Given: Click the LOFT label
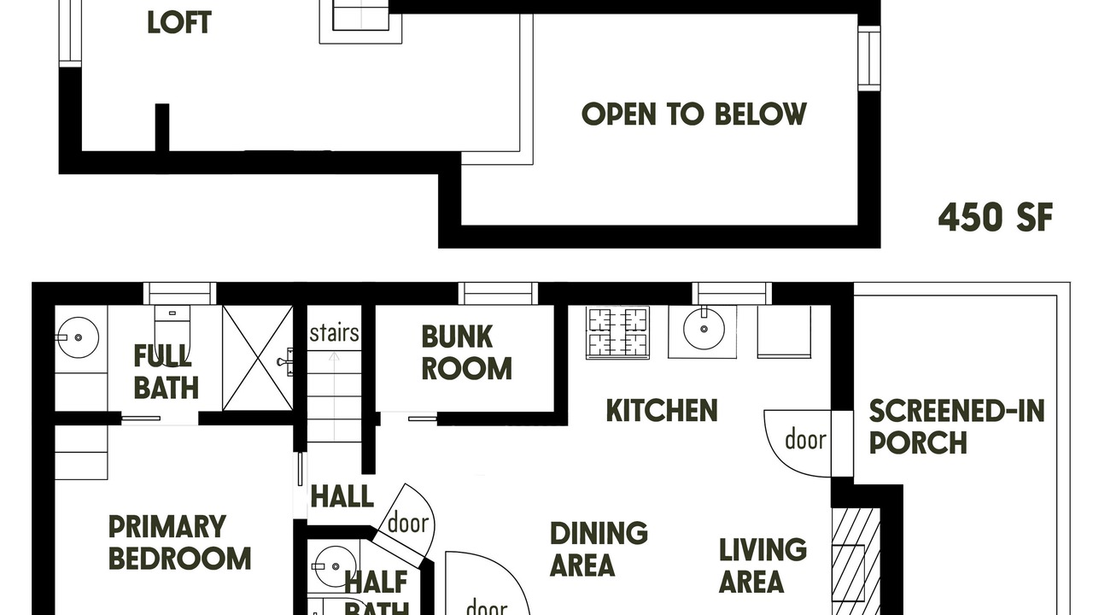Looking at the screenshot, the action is coord(179,22).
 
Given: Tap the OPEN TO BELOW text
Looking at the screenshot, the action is coord(694,114).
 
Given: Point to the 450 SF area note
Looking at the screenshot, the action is coord(996,217).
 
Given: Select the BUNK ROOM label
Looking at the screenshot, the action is coord(466,353).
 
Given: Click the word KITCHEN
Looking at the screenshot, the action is coord(662,411).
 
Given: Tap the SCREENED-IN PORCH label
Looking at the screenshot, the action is coord(956,426).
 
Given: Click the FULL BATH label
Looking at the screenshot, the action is coord(166,372).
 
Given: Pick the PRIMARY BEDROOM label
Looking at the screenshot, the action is coord(179,542).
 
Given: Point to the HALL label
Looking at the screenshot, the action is coord(342,497).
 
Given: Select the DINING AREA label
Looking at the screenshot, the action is coord(599,548).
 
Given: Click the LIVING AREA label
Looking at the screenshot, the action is coord(763,565).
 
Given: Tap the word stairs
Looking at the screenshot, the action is coord(334,333).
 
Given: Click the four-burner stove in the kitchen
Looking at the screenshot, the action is coord(617,333).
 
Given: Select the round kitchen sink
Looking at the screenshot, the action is coord(703,329).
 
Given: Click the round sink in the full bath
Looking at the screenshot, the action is coord(78,337).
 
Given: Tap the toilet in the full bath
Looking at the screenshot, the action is coord(172,329).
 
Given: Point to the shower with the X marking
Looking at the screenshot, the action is coord(258,358).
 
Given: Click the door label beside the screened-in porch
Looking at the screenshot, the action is coord(805,439).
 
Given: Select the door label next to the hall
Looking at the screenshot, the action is coord(408,524).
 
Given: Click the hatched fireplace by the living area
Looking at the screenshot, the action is coord(856,561).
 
